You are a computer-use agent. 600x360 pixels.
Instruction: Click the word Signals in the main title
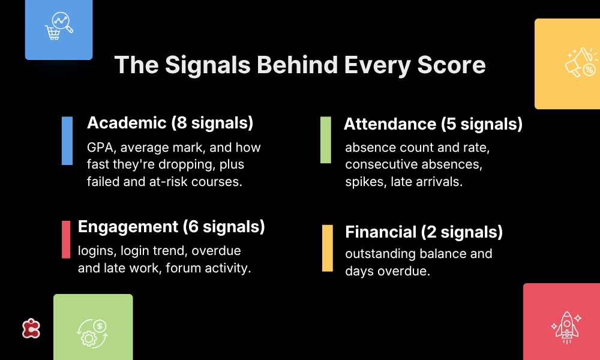[x=208, y=65]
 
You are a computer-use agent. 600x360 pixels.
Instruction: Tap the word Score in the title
[x=451, y=65]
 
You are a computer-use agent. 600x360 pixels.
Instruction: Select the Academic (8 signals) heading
[x=170, y=123]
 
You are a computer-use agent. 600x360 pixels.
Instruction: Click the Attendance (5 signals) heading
[x=433, y=124]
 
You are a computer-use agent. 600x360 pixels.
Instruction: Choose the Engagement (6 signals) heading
[x=172, y=226]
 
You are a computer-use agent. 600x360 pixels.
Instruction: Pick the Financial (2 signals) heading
[x=424, y=232]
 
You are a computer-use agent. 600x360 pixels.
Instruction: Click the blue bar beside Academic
[x=67, y=141]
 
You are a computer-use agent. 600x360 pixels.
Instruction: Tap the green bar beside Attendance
[x=326, y=140]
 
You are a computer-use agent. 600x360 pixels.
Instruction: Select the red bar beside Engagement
[x=66, y=239]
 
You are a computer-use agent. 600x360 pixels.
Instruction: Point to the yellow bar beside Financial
[x=328, y=248]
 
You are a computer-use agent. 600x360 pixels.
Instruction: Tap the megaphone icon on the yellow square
[x=581, y=62]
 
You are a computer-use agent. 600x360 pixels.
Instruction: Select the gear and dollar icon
[x=92, y=334]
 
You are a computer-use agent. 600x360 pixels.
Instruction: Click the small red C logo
[x=31, y=328]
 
